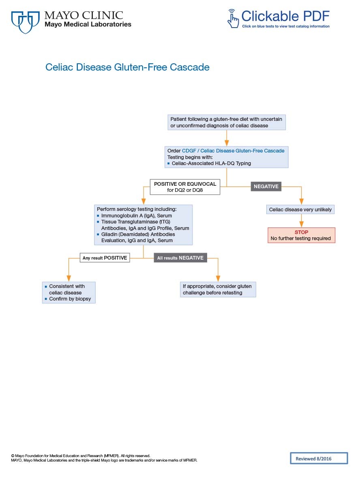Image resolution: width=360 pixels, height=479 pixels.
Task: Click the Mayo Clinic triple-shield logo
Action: (x=25, y=21)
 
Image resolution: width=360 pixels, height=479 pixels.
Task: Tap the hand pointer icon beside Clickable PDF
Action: (x=233, y=18)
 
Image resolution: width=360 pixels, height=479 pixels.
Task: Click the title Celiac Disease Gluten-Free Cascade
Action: (x=127, y=67)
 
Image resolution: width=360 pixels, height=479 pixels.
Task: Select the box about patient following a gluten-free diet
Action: (x=227, y=122)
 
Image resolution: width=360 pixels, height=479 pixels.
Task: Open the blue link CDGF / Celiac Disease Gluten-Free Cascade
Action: (x=233, y=150)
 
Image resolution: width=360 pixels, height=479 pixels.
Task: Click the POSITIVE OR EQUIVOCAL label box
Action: (x=185, y=187)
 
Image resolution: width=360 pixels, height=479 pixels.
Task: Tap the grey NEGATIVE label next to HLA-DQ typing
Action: (x=266, y=187)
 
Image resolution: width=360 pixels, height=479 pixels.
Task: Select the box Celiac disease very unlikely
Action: (x=300, y=210)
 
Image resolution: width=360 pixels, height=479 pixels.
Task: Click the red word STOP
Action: (x=301, y=232)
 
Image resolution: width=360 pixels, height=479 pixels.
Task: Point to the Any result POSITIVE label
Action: (x=105, y=258)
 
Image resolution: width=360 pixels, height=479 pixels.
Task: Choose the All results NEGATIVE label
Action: (x=180, y=258)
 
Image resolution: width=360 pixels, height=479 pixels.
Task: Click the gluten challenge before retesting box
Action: (x=218, y=290)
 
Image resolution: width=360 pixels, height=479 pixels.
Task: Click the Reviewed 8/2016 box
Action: (x=319, y=458)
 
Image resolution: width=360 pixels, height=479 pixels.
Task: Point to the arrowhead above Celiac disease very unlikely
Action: (x=301, y=202)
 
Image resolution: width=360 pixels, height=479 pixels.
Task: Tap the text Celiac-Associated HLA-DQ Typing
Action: (x=211, y=163)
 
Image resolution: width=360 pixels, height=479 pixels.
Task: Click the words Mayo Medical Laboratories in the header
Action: (x=88, y=24)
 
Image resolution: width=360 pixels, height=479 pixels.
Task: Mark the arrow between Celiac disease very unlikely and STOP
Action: (x=301, y=221)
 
